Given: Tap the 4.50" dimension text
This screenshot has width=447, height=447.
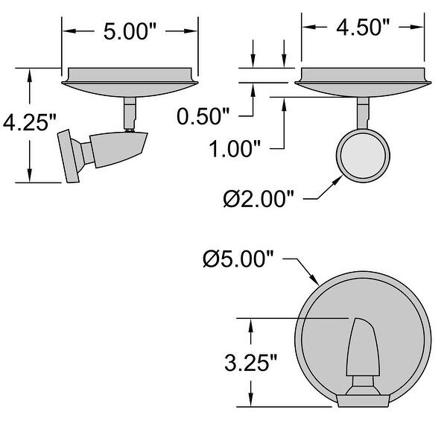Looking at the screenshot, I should click(x=364, y=28).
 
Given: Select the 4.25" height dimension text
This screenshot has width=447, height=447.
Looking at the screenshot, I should click(x=27, y=123).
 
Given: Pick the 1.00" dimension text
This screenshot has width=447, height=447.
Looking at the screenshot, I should click(x=235, y=148).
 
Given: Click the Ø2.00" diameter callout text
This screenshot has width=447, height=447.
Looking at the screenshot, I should click(x=259, y=199).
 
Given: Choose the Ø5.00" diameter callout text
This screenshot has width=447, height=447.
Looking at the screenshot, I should click(x=239, y=260).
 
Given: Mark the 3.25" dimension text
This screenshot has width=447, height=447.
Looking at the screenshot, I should click(x=251, y=363).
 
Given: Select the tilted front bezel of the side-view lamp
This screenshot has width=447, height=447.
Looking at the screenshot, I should click(x=72, y=156).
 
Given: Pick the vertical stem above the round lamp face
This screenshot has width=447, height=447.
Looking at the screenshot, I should click(x=363, y=112).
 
